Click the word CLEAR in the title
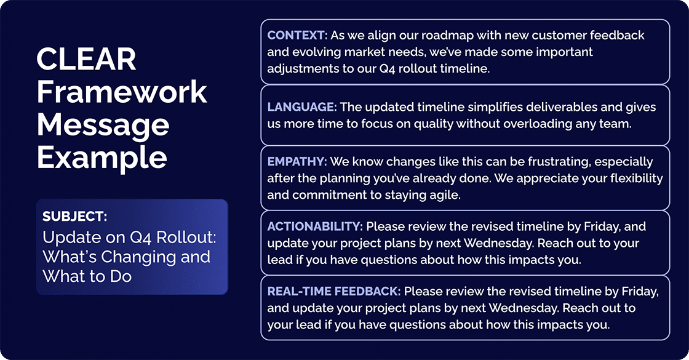86,59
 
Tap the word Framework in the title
122,92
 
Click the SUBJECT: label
75,216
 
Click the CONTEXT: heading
297,35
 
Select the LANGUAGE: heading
302,107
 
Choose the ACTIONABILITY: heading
315,226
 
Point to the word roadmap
455,35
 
